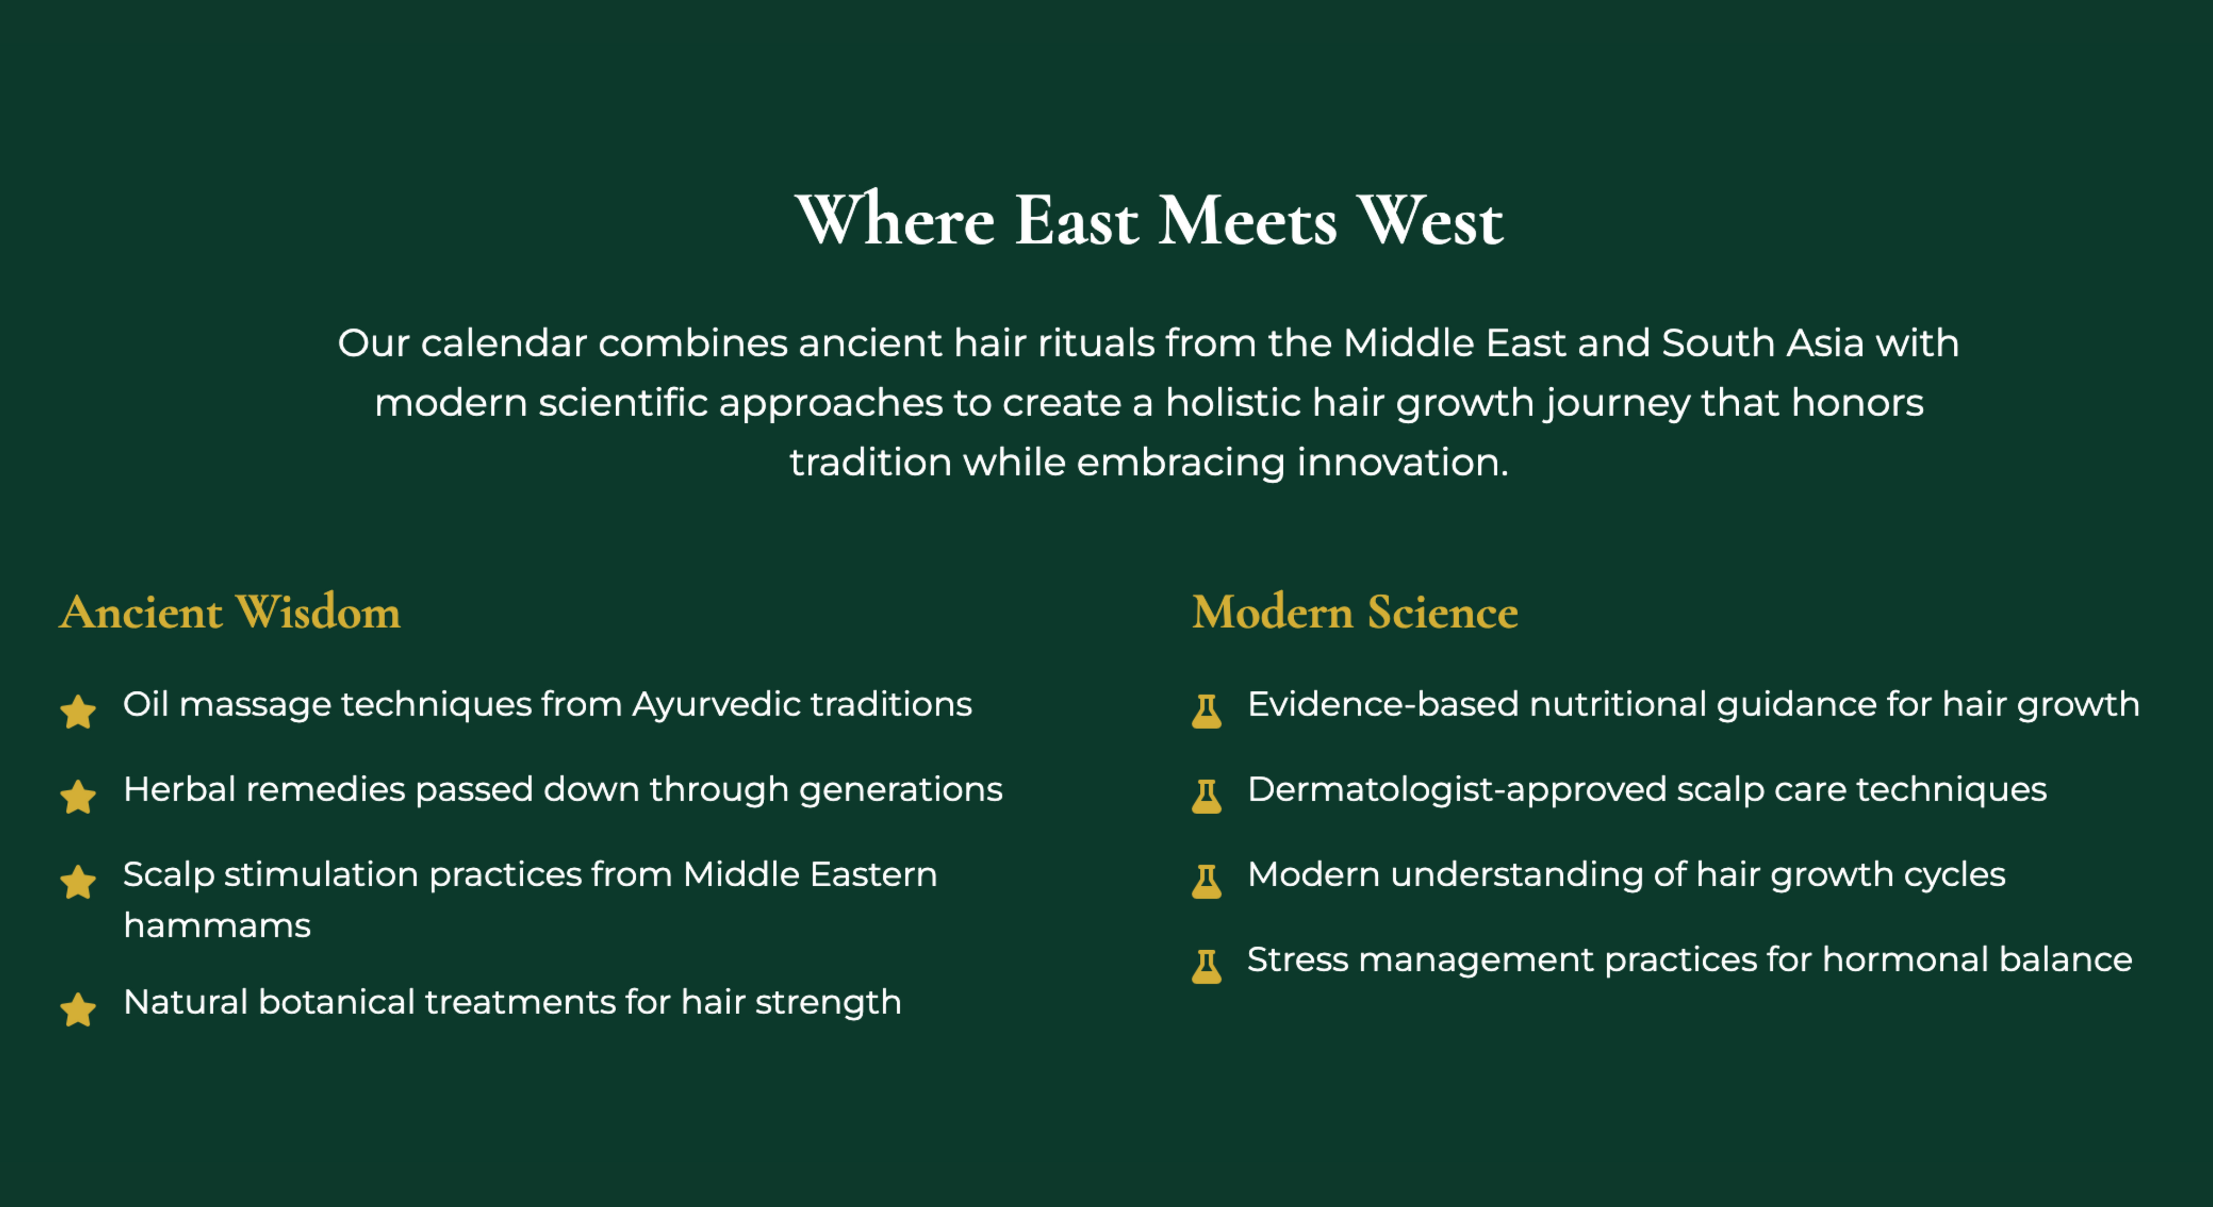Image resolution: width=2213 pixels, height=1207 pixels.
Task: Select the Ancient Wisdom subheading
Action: [x=229, y=612]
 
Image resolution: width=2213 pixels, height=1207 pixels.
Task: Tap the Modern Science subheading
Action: [x=1355, y=612]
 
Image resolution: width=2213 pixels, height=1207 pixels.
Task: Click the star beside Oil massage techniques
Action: [x=78, y=712]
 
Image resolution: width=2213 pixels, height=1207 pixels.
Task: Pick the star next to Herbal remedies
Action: [x=78, y=796]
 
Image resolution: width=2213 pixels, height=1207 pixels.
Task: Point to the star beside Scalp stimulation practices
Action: [x=78, y=881]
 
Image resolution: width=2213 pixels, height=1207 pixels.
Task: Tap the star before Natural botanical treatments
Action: [x=78, y=1009]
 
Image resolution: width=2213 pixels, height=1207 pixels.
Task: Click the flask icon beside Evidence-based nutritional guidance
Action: [x=1206, y=712]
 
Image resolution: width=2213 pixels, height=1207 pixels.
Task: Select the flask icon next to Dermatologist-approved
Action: [x=1206, y=796]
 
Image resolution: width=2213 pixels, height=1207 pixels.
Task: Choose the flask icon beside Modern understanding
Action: [x=1206, y=881]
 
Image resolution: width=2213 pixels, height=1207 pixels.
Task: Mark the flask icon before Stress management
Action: [x=1206, y=966]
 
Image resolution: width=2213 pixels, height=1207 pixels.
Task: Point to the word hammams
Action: [x=217, y=925]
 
